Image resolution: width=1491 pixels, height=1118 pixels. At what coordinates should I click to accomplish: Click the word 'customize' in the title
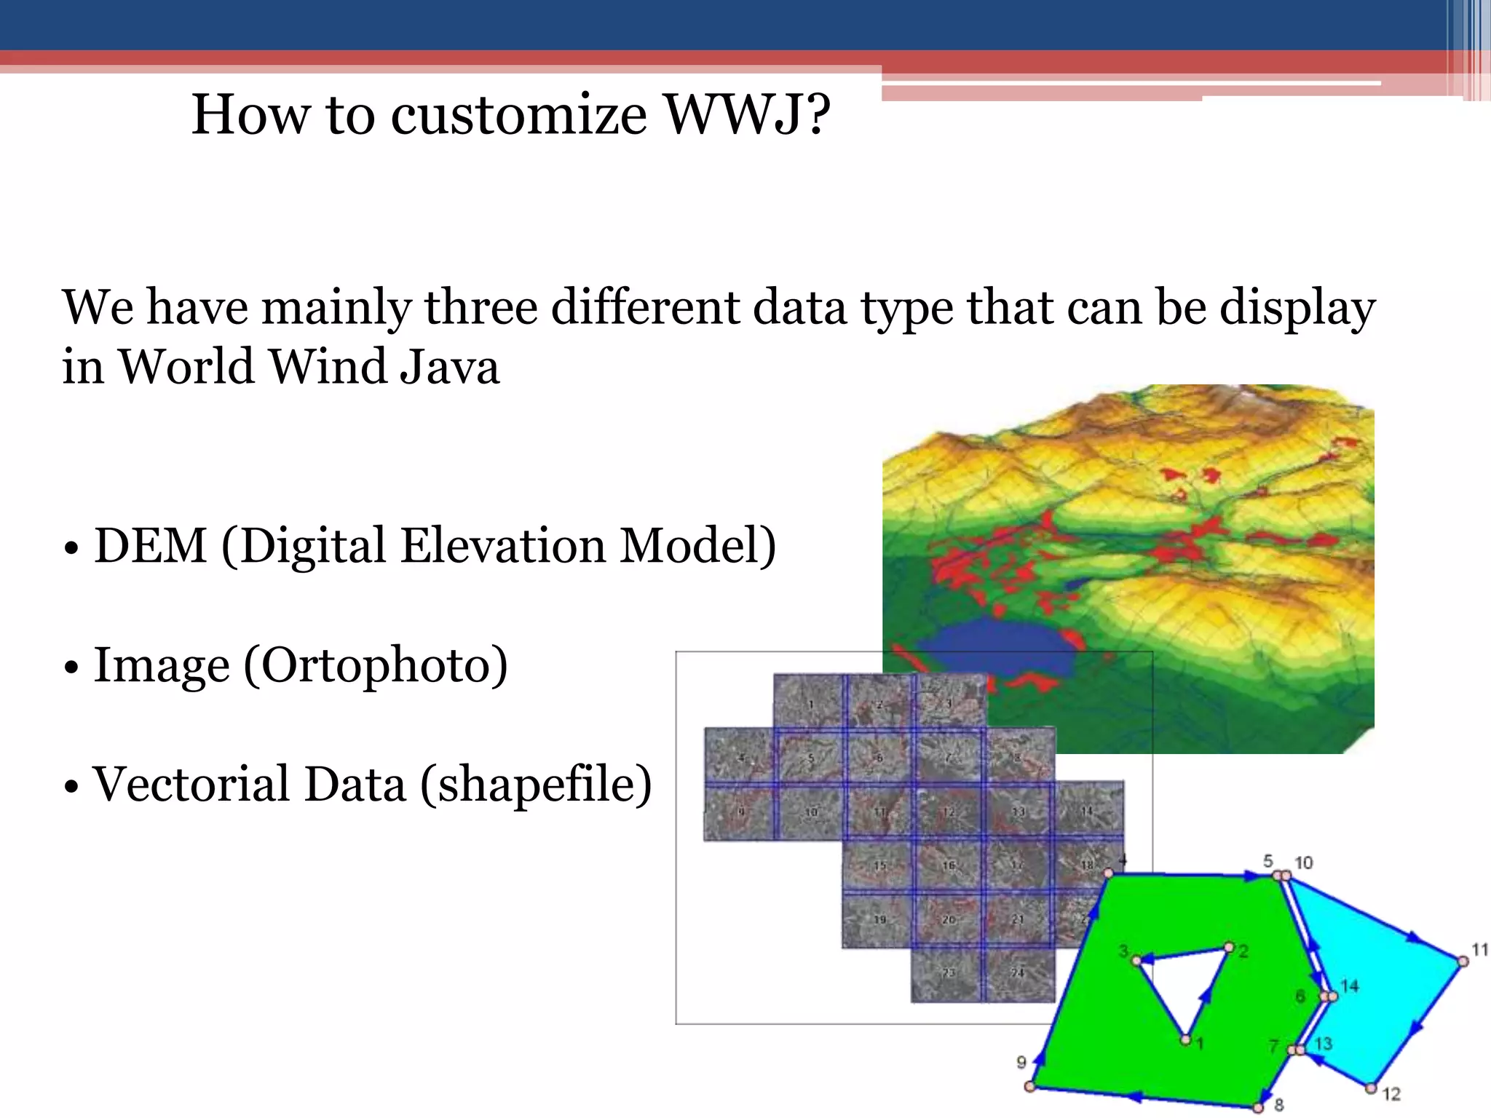click(518, 116)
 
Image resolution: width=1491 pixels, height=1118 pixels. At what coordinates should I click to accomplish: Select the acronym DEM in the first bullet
click(151, 546)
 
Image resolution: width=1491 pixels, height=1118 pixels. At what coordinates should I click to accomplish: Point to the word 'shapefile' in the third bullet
click(536, 785)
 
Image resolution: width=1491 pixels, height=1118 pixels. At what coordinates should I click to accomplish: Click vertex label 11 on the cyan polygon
click(1479, 949)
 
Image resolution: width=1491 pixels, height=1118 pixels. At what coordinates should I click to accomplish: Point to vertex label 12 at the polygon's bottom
click(1391, 1094)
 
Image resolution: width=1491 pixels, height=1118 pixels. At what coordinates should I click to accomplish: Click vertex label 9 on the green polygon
click(1021, 1062)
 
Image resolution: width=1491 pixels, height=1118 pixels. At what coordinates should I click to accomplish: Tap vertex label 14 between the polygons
click(1350, 986)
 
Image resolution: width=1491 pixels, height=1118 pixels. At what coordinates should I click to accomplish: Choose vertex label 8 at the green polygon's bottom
click(1279, 1105)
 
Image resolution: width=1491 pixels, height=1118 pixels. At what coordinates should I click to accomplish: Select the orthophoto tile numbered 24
click(1018, 973)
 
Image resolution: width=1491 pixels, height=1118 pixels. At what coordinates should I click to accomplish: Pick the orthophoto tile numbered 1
click(810, 702)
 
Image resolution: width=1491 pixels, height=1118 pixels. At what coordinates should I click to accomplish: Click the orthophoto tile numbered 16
click(948, 865)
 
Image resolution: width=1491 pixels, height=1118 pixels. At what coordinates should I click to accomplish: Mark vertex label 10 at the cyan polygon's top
click(1303, 863)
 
